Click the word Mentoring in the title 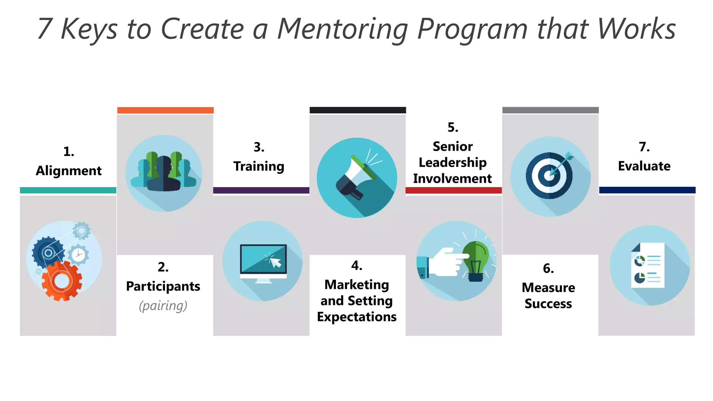point(343,29)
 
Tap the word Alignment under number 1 point(69,171)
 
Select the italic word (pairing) point(163,306)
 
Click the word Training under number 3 point(259,166)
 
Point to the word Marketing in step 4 point(356,285)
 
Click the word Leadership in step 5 point(453,163)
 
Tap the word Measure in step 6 point(548,288)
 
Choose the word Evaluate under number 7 point(644,166)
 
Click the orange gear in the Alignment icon point(62,281)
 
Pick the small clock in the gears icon point(79,255)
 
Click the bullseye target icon point(549,176)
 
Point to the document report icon point(648,265)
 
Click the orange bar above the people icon point(165,110)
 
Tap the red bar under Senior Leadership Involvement point(453,190)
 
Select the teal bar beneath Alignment point(68,190)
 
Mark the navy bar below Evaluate point(647,190)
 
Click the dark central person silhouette point(164,174)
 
